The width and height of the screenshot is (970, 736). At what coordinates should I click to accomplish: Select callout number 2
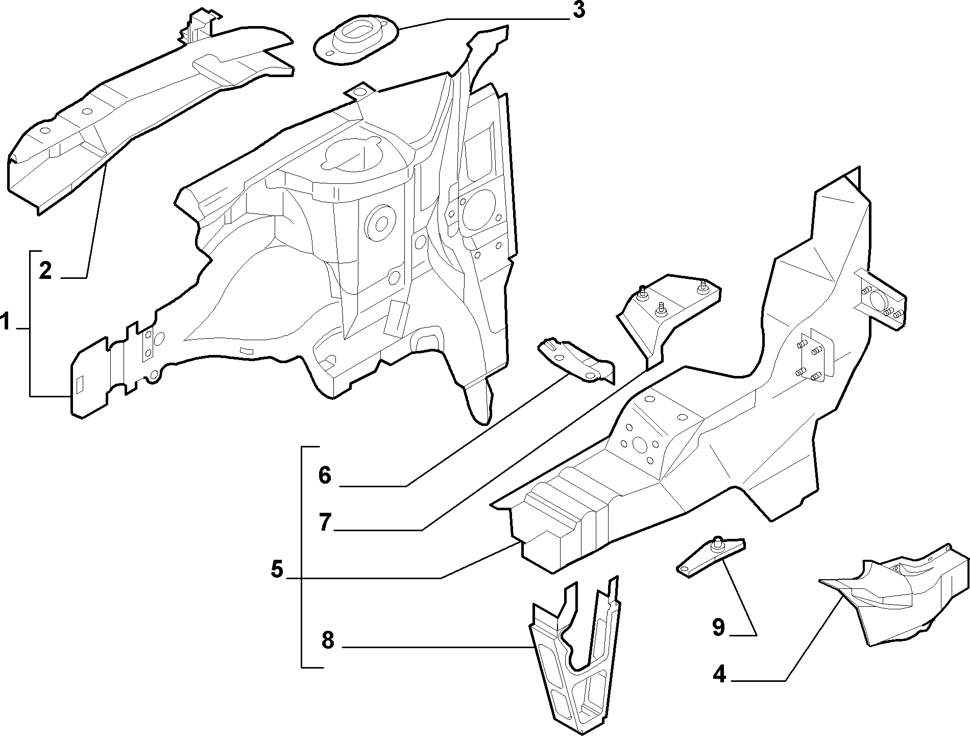(x=45, y=270)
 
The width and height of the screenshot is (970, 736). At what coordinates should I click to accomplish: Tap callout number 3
(x=578, y=11)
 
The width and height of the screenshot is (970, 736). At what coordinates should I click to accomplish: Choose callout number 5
(x=277, y=569)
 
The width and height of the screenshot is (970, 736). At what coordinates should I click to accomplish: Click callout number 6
(x=325, y=476)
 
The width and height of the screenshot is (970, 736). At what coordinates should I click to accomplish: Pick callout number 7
(x=325, y=523)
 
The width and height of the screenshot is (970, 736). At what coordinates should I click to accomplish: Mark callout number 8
(x=327, y=639)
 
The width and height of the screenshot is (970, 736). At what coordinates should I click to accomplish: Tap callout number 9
(x=718, y=627)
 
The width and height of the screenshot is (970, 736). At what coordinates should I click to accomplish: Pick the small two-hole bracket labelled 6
(x=576, y=361)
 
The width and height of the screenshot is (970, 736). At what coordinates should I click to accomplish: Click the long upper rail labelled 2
(x=148, y=110)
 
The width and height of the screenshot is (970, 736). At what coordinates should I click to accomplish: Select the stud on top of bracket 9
(x=717, y=543)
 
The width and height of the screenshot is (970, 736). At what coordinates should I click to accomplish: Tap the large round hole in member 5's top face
(x=639, y=444)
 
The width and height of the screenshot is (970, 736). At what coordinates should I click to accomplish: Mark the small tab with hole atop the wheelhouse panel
(x=360, y=92)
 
